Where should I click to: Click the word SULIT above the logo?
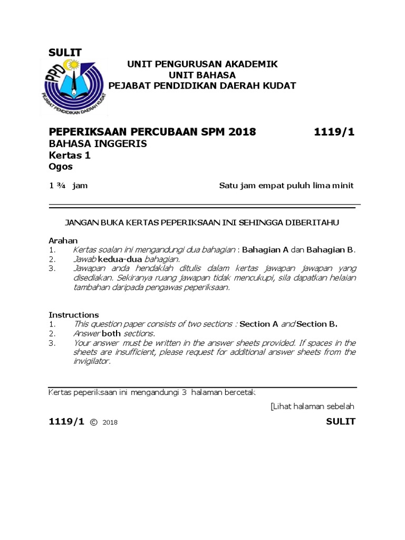coord(65,52)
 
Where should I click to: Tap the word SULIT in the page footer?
coord(341,421)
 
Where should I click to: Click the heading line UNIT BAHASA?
coord(202,75)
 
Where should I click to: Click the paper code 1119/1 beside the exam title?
coord(334,132)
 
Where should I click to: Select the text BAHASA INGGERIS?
coord(98,143)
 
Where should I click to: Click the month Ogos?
coord(61,167)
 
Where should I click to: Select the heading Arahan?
coord(63,240)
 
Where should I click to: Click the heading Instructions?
coord(74,315)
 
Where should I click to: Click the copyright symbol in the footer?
coord(94,422)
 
